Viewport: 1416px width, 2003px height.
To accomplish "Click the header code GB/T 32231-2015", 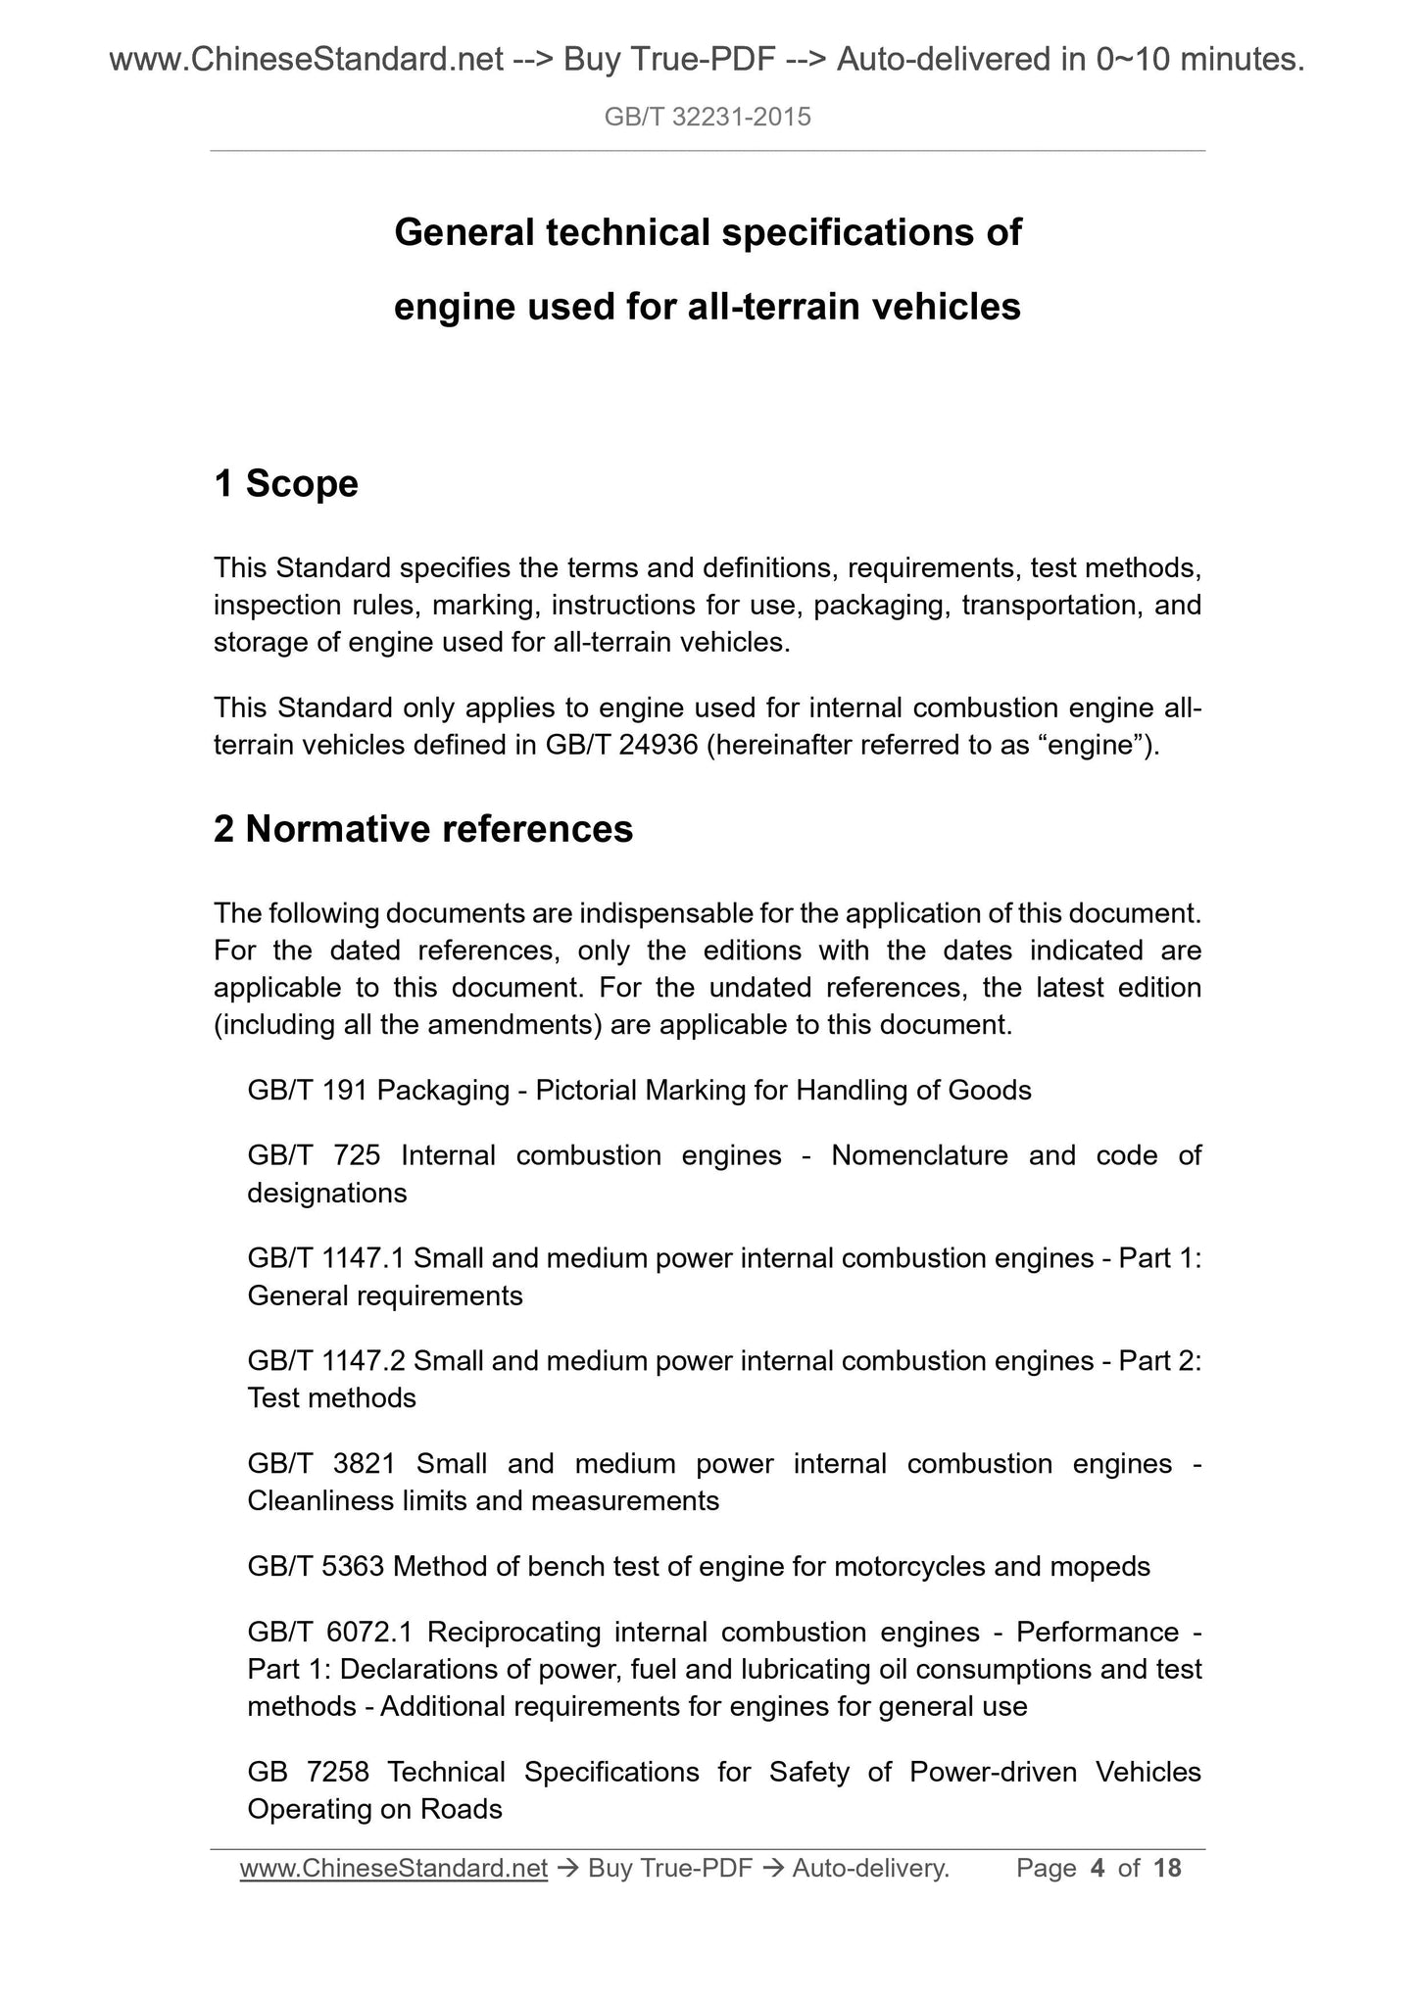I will (708, 119).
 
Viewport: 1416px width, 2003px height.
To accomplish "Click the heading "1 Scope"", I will (286, 483).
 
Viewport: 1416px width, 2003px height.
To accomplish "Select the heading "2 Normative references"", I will (423, 829).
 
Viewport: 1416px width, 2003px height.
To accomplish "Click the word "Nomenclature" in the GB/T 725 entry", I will (919, 1155).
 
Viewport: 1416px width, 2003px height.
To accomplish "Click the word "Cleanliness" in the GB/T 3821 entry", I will (321, 1500).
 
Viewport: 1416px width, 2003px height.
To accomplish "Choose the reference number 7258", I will (337, 1772).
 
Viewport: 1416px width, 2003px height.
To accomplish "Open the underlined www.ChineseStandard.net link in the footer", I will (393, 1869).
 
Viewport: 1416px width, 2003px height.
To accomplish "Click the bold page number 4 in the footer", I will (1098, 1869).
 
